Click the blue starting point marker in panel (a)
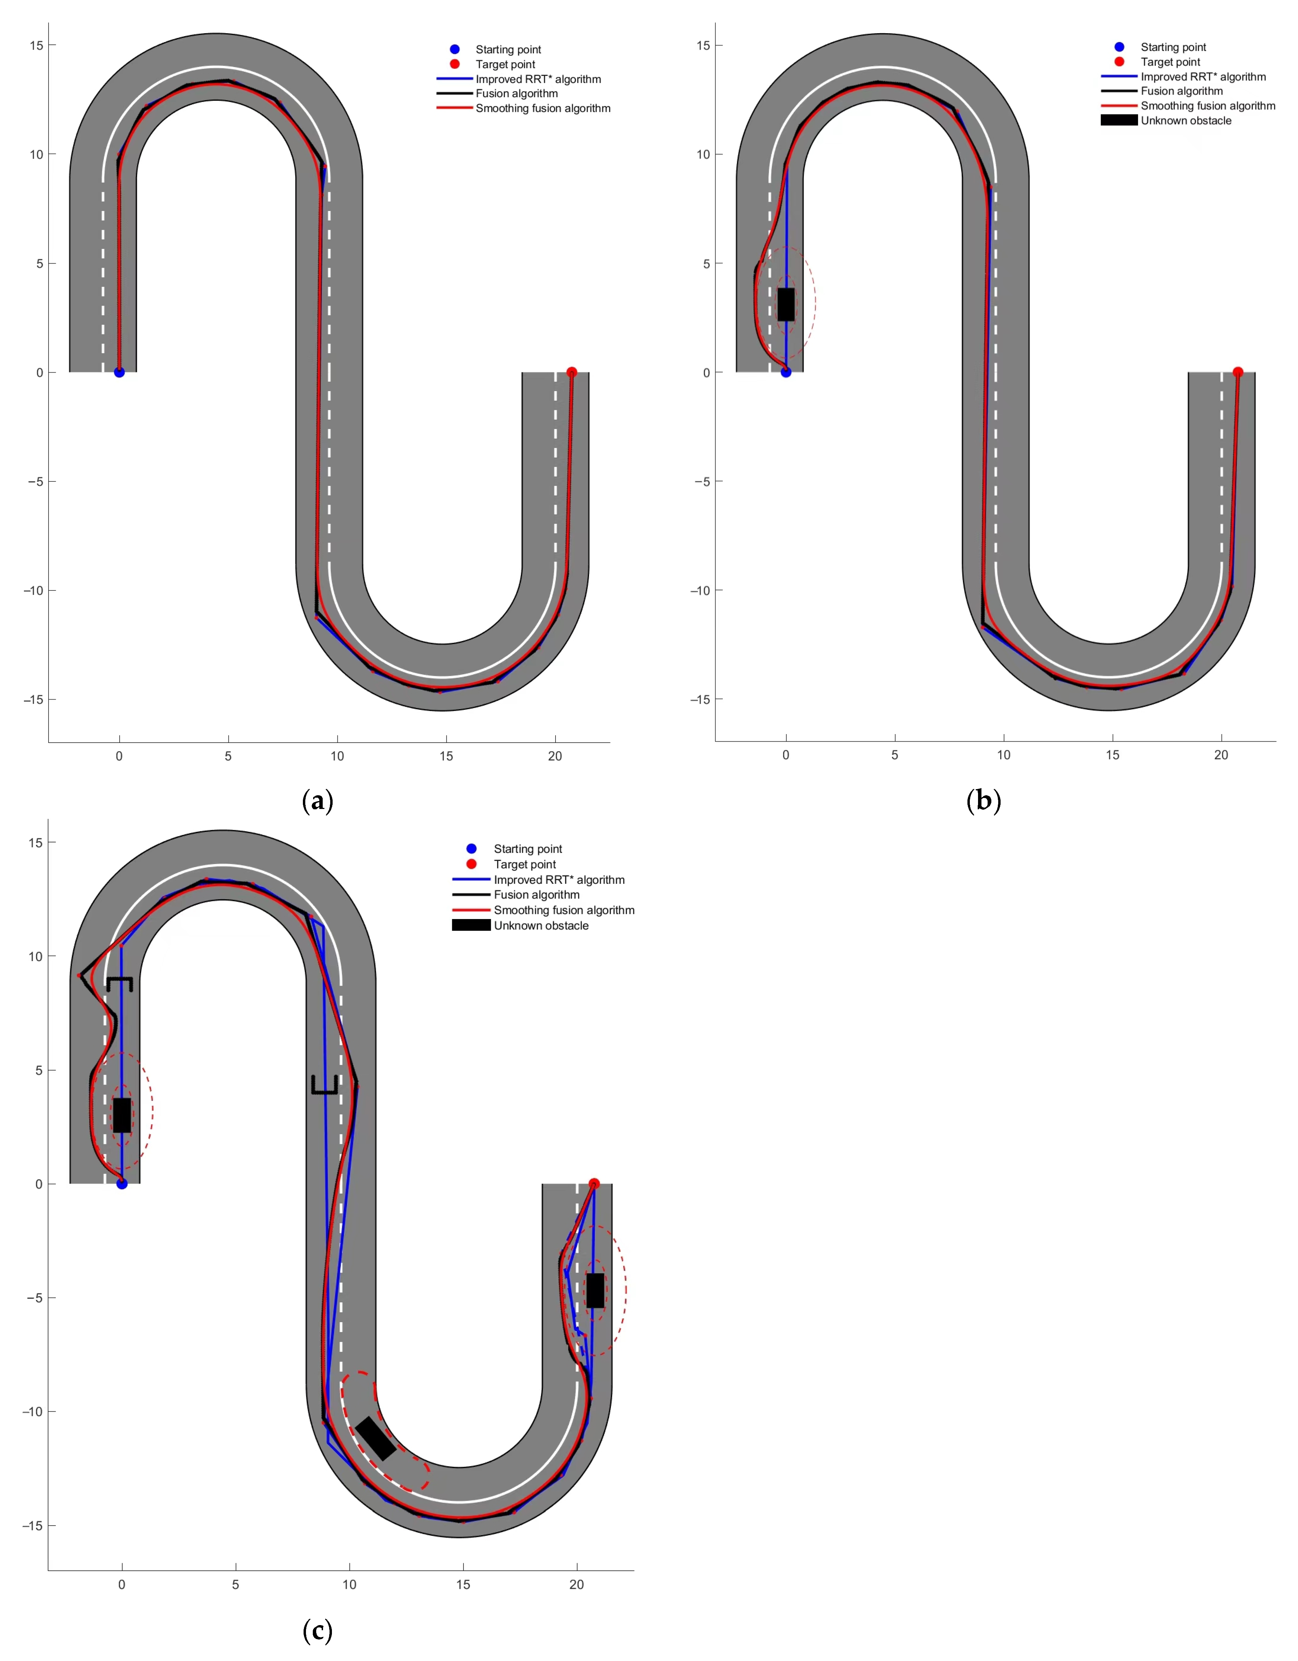coord(119,373)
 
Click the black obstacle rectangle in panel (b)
coord(786,304)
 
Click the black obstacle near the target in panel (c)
coord(596,1291)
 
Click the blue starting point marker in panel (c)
coord(122,1184)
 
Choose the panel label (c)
coord(318,1631)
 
